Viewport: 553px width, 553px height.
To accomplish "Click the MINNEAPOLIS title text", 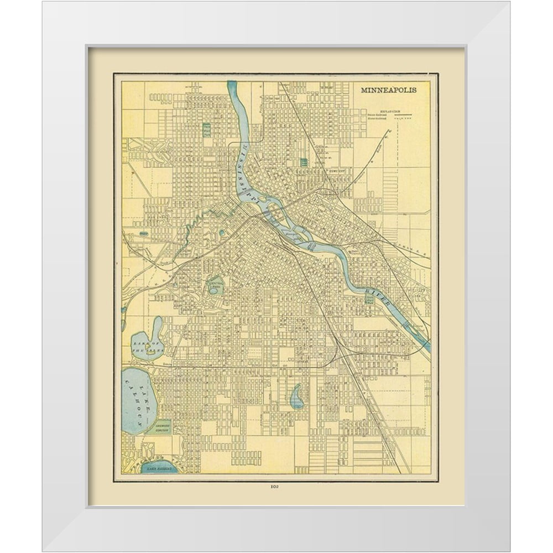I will (389, 90).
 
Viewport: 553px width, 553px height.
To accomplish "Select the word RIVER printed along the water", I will (380, 297).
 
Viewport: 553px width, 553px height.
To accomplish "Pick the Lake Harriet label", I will (159, 468).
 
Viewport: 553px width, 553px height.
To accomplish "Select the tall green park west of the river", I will (207, 131).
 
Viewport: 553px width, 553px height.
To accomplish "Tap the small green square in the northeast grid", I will (304, 162).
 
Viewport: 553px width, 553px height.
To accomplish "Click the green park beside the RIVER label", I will (369, 298).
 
